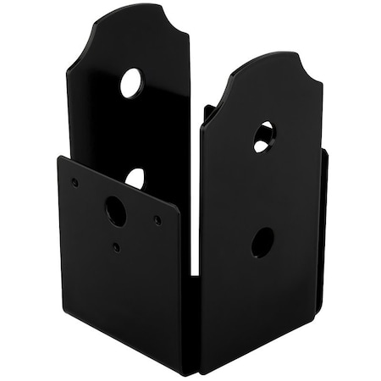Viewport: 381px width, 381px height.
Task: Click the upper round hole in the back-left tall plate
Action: click(131, 82)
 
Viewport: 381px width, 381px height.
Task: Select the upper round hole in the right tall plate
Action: click(263, 135)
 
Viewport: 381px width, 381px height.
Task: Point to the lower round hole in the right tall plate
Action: click(262, 242)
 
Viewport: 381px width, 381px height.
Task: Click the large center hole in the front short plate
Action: click(115, 211)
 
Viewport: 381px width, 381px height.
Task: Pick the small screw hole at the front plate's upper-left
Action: click(75, 181)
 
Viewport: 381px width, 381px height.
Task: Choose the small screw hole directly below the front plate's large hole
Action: click(116, 248)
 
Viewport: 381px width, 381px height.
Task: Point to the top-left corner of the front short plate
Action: click(59, 157)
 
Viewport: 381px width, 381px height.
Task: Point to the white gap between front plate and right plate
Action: click(193, 246)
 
